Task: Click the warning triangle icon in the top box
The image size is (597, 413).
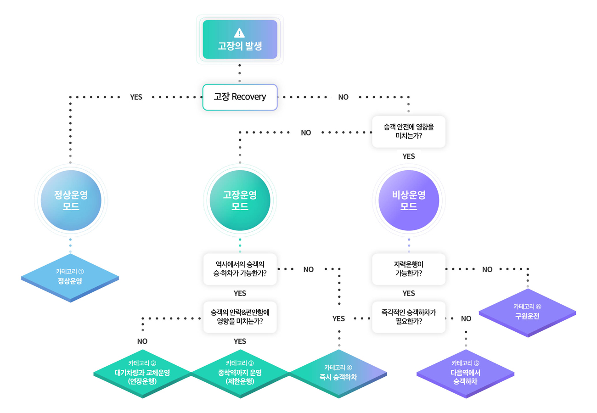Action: (x=239, y=33)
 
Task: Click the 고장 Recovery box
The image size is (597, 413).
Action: (x=240, y=97)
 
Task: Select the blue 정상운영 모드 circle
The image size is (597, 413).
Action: (x=71, y=200)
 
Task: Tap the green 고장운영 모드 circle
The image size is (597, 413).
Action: (x=240, y=200)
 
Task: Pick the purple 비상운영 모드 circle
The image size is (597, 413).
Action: (x=409, y=200)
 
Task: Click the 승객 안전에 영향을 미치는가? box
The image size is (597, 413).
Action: (x=409, y=132)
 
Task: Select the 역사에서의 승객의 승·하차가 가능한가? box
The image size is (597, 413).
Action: (x=240, y=269)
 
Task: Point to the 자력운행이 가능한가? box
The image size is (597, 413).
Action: (x=409, y=269)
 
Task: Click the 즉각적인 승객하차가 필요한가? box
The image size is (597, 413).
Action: (x=409, y=317)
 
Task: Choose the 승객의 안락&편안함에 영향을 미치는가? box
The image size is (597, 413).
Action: (x=240, y=317)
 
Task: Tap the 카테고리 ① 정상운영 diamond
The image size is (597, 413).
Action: (x=70, y=278)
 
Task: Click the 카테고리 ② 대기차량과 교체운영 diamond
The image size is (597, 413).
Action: (x=142, y=374)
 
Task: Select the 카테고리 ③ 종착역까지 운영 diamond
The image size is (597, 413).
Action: (x=240, y=374)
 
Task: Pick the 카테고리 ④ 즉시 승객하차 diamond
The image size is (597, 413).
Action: (x=338, y=374)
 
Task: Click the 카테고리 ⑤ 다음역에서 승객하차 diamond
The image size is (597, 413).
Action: (x=465, y=374)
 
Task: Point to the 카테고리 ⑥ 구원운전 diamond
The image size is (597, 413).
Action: (x=528, y=313)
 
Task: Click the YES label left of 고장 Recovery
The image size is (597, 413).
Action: (x=136, y=97)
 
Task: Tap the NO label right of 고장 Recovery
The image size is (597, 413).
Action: (x=344, y=97)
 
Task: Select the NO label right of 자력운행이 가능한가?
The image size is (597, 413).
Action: (x=487, y=269)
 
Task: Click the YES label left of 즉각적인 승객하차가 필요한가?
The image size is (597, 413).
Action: (x=338, y=319)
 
